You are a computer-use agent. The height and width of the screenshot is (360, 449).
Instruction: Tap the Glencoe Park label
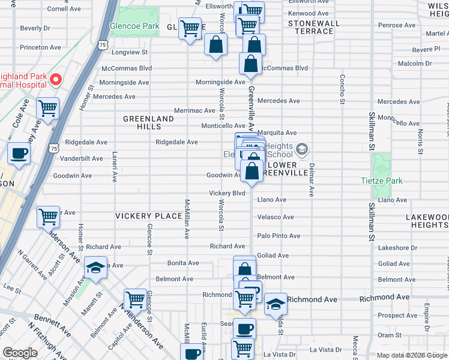tap(134, 26)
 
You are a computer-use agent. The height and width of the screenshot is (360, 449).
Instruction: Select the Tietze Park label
tap(381, 181)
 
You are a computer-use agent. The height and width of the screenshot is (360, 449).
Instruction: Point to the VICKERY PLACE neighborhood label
tap(148, 216)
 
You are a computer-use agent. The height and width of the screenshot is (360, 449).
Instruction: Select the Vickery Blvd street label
tap(227, 193)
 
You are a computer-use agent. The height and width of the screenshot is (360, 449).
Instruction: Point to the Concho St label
tap(342, 88)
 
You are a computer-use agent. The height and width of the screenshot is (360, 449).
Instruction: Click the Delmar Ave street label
tap(312, 182)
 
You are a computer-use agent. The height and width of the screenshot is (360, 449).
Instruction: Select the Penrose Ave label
tap(397, 25)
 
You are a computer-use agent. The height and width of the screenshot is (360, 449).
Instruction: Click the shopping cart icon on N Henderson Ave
tap(136, 298)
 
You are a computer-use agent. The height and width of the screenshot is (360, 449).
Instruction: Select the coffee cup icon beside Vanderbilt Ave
tap(19, 153)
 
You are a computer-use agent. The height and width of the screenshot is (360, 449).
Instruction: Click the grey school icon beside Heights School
tap(303, 148)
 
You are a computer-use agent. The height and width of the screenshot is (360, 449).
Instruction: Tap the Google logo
tap(20, 353)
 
